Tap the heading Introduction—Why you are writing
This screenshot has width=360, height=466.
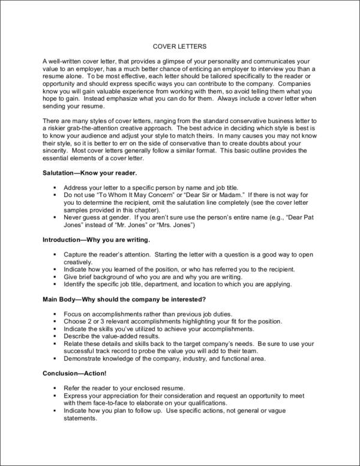point(96,239)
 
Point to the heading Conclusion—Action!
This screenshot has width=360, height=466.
point(76,373)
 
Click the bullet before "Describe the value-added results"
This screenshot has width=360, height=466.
point(55,336)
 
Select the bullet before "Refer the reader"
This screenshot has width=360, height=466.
point(55,388)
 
